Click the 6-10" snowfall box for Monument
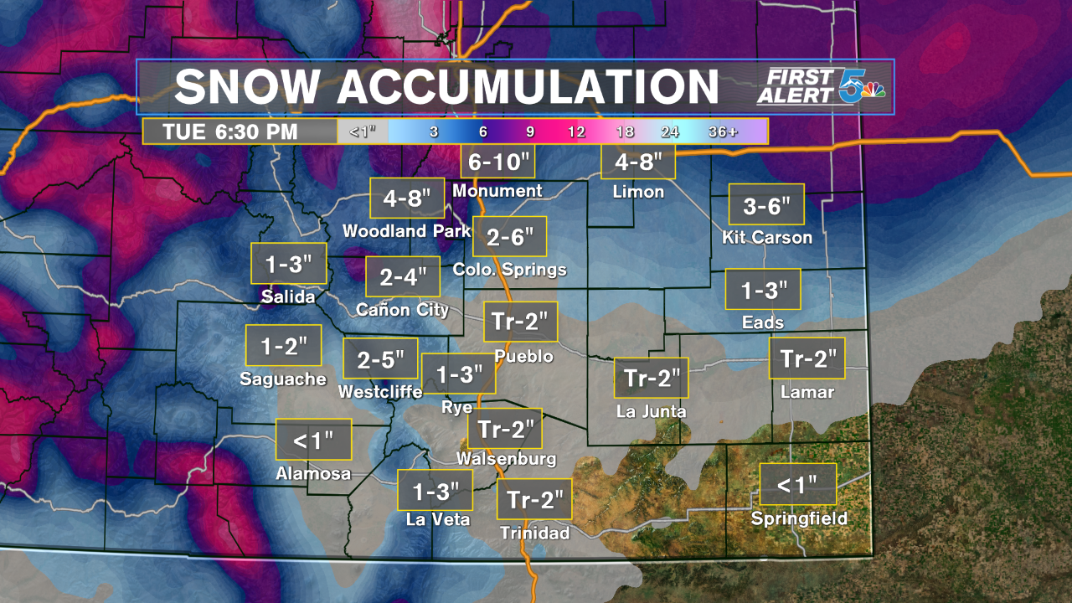tap(497, 161)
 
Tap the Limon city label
tap(638, 192)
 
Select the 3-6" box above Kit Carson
tap(765, 204)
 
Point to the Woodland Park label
tap(407, 230)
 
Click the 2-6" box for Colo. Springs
tap(509, 237)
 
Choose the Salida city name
tap(288, 296)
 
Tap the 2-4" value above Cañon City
tap(402, 276)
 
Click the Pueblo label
tap(523, 356)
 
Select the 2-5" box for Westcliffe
tap(379, 359)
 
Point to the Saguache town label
tap(283, 379)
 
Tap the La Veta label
tap(438, 519)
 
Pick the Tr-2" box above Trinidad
tap(534, 500)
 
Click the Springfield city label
tap(799, 518)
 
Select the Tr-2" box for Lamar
tap(807, 359)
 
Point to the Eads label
tap(763, 322)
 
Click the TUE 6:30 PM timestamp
tap(230, 131)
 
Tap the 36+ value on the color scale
tap(723, 131)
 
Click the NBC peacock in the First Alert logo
tap(874, 91)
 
